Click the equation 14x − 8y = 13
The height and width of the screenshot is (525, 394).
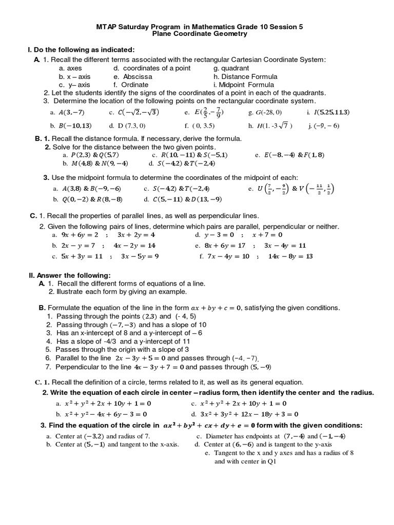point(290,256)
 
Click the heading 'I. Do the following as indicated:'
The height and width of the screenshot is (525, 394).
point(81,50)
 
